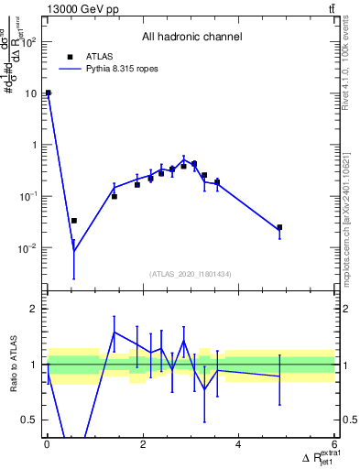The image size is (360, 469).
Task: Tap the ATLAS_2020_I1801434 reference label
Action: pyautogui.click(x=191, y=274)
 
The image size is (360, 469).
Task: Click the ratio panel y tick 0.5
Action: pyautogui.click(x=30, y=420)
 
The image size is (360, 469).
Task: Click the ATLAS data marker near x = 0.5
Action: pyautogui.click(x=74, y=221)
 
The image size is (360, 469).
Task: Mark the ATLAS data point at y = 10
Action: pyautogui.click(x=49, y=93)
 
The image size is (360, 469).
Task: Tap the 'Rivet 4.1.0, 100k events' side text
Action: pyautogui.click(x=352, y=64)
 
